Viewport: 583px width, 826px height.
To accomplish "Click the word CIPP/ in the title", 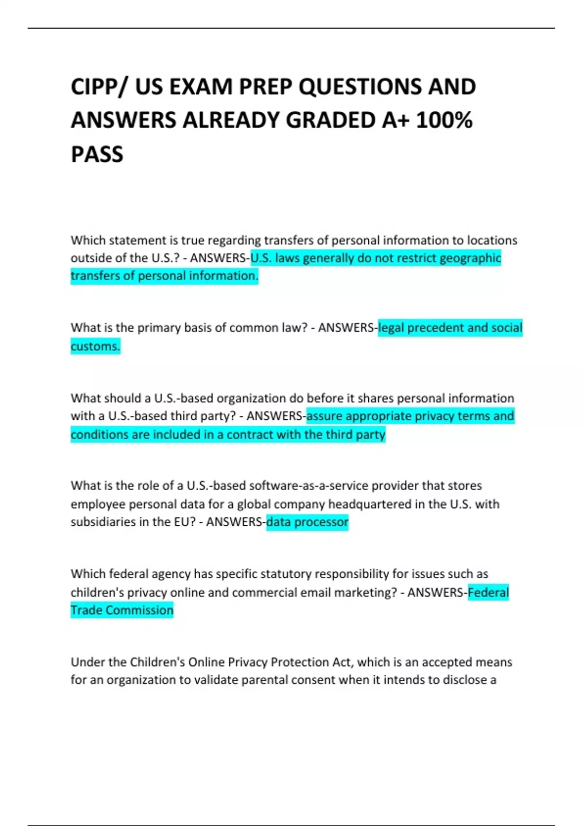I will (x=100, y=87).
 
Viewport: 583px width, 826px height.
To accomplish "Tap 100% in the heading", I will (x=444, y=120).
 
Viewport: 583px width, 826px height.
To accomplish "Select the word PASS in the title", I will (x=97, y=155).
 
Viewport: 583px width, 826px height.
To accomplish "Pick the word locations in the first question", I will (x=492, y=240).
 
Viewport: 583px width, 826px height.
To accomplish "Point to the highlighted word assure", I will (x=324, y=416).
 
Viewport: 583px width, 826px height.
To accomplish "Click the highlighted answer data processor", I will (x=307, y=522).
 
